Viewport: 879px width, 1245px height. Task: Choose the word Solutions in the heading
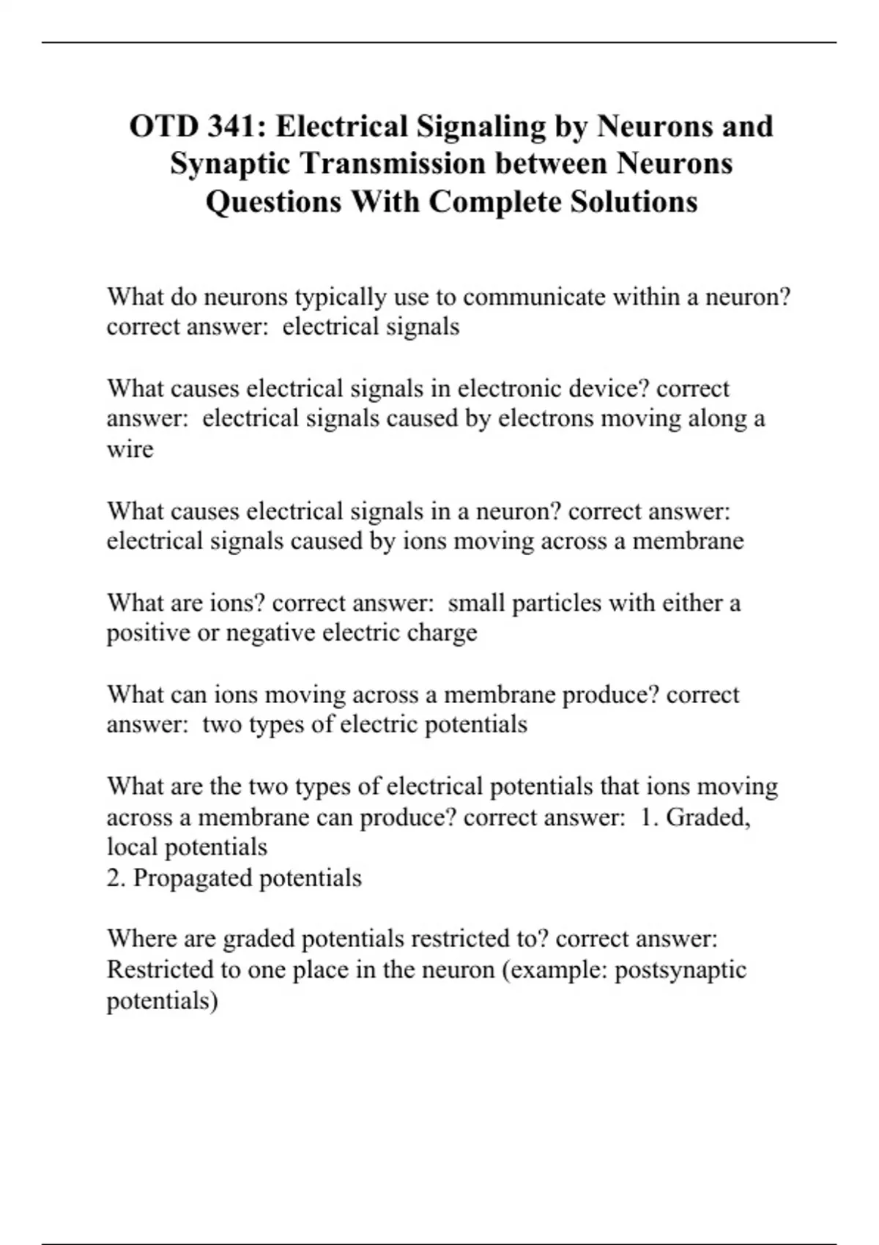pyautogui.click(x=634, y=201)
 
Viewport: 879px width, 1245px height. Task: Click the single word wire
pyautogui.click(x=130, y=449)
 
